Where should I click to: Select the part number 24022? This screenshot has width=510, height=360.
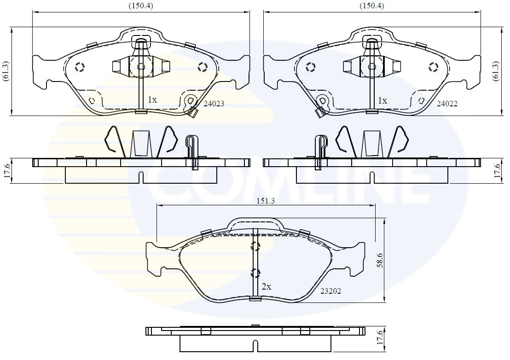(x=447, y=104)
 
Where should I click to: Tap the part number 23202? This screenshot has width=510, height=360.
(x=330, y=291)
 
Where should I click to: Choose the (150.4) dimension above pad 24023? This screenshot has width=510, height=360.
(x=140, y=6)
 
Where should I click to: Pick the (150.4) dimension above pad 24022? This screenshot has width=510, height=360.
(x=371, y=6)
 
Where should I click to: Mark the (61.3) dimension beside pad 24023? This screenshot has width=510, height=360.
(x=6, y=71)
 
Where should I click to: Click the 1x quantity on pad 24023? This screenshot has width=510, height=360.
(x=152, y=99)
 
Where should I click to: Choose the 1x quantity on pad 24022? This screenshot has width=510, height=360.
(x=382, y=100)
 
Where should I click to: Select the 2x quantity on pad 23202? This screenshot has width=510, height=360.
(x=266, y=286)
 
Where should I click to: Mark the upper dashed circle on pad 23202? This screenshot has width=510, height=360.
(x=255, y=246)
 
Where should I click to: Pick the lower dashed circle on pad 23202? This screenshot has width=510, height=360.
(x=255, y=273)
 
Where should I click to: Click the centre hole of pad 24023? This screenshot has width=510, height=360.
(x=141, y=67)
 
